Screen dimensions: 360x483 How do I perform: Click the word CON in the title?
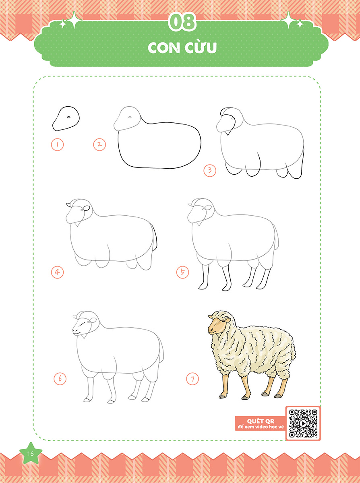[x=163, y=48]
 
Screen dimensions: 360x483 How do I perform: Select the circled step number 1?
[x=57, y=144]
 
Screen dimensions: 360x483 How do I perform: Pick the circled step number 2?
[x=99, y=144]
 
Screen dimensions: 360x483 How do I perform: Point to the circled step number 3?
[x=210, y=170]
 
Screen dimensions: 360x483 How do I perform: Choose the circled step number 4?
[x=57, y=272]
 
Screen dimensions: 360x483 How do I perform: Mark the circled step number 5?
[x=182, y=272]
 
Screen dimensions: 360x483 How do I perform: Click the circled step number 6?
[x=60, y=378]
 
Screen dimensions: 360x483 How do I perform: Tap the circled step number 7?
[x=192, y=379]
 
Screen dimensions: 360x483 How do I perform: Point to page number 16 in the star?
[x=31, y=453]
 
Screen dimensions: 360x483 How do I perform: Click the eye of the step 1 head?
[x=68, y=117]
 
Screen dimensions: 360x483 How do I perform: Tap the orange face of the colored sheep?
[x=217, y=326]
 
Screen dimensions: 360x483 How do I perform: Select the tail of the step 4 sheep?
[x=155, y=238]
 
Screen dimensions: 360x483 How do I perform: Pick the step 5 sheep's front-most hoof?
[x=201, y=287]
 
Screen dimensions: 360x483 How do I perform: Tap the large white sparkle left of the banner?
[x=74, y=20]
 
